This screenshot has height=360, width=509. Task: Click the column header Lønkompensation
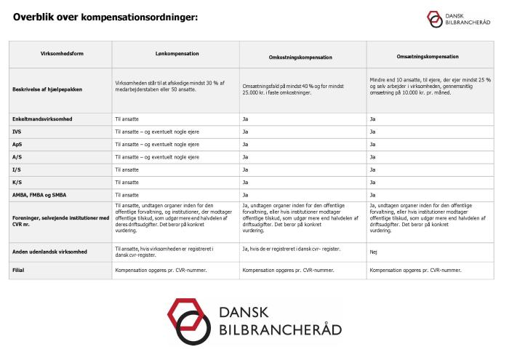coord(177,54)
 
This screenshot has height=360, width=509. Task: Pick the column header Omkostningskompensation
coord(303,56)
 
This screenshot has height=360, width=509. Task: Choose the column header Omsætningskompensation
coord(429,56)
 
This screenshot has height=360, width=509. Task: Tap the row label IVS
coord(17,131)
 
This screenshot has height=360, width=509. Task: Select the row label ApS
coord(17,144)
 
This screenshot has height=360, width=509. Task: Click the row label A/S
coord(17,156)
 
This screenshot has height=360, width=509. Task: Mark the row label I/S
coord(16,169)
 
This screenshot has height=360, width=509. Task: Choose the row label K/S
coord(17,182)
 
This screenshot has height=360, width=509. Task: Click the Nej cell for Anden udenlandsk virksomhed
coord(374,252)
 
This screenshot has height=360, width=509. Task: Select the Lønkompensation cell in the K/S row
coord(127,182)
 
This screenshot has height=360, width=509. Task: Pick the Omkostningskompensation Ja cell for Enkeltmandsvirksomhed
coord(246,118)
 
